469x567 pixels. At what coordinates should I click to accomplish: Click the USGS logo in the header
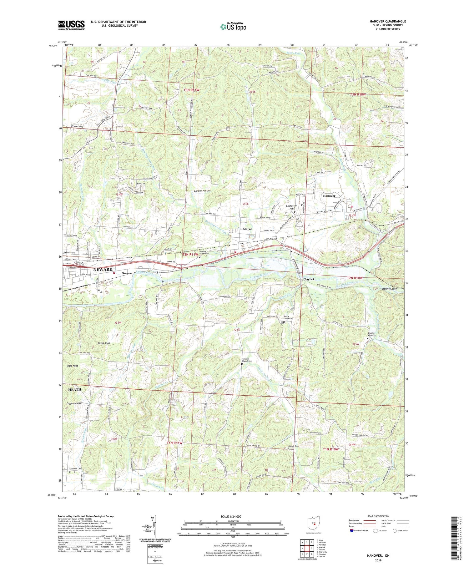point(71,25)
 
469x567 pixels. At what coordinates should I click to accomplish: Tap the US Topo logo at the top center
point(233,27)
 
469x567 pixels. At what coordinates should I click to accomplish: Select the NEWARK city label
point(103,270)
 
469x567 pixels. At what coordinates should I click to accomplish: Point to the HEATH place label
point(74,389)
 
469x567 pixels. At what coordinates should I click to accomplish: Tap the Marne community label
point(247,229)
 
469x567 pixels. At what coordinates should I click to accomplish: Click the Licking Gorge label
point(389,289)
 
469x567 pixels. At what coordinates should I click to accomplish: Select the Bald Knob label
point(73,366)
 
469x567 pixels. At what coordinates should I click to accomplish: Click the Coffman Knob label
point(74,403)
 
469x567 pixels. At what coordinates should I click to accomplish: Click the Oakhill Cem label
point(293,446)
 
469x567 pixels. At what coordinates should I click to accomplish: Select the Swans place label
point(126,273)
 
